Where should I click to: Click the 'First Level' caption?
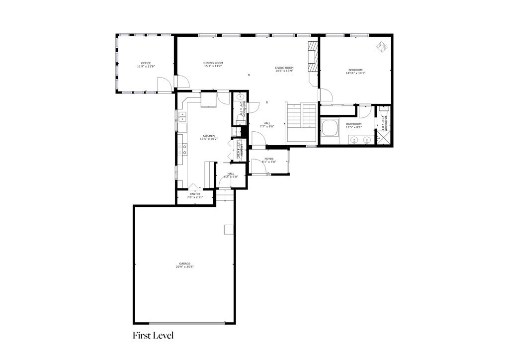(x=153, y=336)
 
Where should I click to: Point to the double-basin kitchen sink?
(x=182, y=117)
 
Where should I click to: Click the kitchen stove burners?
(x=184, y=149)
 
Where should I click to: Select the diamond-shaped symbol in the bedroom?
(x=382, y=47)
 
